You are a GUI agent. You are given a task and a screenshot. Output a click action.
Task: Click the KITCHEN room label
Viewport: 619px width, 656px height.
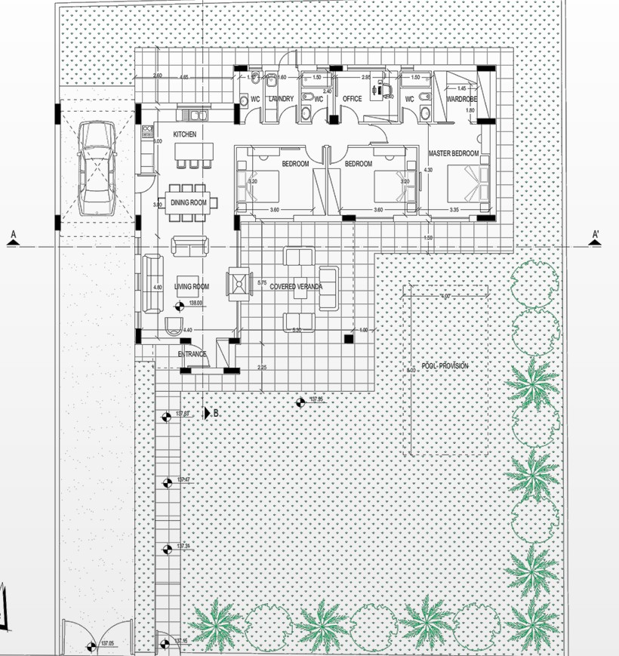point(185,134)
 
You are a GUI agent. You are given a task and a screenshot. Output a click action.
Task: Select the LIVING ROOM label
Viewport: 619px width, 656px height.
point(191,287)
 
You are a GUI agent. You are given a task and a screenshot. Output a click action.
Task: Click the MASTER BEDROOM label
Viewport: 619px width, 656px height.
point(454,153)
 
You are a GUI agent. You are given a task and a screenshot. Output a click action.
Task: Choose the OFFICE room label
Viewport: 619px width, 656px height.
point(353,99)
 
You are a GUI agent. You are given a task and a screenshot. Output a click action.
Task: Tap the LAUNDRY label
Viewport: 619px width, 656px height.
point(280,99)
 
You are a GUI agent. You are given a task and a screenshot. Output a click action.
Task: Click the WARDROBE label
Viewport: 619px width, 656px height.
point(460,99)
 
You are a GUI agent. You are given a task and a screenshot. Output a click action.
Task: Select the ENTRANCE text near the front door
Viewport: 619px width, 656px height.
point(192,354)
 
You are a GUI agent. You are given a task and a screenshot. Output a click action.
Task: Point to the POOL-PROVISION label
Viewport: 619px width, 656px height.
point(445,366)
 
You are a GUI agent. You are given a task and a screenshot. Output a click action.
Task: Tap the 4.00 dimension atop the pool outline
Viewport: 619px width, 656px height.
point(445,296)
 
